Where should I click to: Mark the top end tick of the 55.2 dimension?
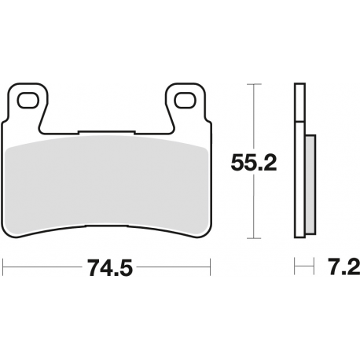tap(252, 83)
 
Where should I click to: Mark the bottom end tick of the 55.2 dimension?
tap(252, 238)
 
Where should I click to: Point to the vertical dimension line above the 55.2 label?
tap(252, 118)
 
